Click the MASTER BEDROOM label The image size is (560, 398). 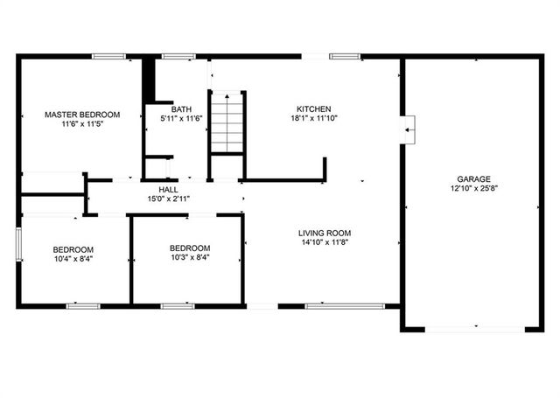coord(82,115)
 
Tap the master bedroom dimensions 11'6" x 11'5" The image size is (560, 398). coord(82,126)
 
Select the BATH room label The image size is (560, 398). coord(181,108)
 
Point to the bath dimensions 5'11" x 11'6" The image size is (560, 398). coord(181,119)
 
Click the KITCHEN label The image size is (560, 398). coord(312,108)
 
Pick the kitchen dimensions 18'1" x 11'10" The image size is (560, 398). coord(312,119)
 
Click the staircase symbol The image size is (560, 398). coord(226,122)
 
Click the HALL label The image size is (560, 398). coord(169,190)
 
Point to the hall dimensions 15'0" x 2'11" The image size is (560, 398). coord(169,199)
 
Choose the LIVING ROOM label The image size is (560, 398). coord(325,233)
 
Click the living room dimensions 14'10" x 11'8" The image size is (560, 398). coord(325,243)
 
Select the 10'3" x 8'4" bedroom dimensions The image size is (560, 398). coord(190,257)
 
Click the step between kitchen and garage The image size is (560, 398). coord(408,129)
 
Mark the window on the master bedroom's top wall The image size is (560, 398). coord(109,57)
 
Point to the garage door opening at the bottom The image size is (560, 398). coord(473,329)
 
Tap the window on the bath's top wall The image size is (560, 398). coord(178,57)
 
